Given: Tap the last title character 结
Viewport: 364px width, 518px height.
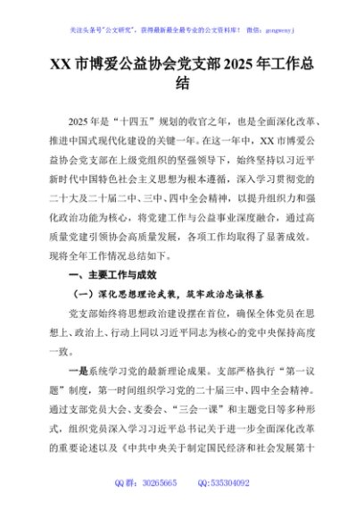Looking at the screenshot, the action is point(182,85).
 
